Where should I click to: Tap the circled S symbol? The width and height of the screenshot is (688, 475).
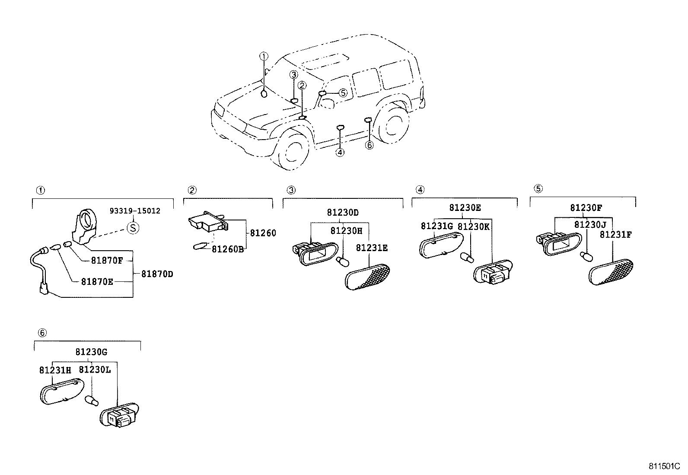pos(133,227)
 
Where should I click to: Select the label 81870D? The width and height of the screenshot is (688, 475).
pos(157,274)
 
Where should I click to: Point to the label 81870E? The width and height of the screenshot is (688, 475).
pos(97,281)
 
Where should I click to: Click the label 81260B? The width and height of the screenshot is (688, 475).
pos(227,249)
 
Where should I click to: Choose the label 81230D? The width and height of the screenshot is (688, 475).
pos(342,213)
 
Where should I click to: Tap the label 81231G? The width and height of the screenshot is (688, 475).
pos(436,226)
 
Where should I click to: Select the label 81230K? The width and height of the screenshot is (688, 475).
pos(474,226)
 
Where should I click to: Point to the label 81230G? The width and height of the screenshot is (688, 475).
pos(91,352)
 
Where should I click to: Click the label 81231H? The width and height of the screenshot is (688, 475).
pos(55,370)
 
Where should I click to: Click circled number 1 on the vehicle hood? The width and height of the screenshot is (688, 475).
pos(264,56)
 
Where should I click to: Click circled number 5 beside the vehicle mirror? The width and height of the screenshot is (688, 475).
pos(342,92)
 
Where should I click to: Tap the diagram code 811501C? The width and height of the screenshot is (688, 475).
pos(664,466)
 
